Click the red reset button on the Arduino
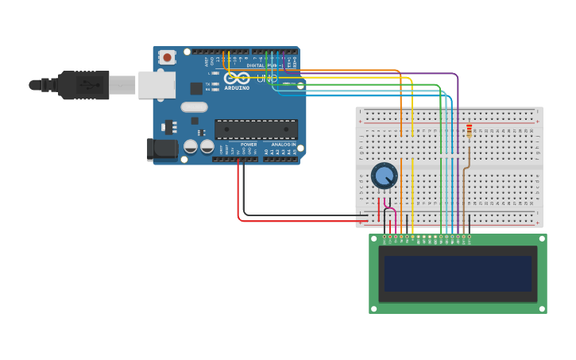click(167, 57)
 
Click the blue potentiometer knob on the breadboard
click(385, 176)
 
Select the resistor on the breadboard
click(469, 130)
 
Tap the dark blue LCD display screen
click(458, 273)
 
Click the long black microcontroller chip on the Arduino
click(256, 129)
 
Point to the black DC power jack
click(163, 149)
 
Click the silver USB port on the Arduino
click(157, 84)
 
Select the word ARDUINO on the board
click(237, 88)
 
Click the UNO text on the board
click(267, 79)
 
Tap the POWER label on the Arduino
click(249, 145)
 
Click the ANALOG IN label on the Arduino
click(284, 145)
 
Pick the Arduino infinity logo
click(237, 78)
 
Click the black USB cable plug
click(84, 85)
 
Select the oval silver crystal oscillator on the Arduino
click(194, 106)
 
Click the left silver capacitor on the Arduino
click(191, 146)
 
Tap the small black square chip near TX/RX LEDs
click(196, 88)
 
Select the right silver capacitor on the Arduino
click(207, 146)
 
